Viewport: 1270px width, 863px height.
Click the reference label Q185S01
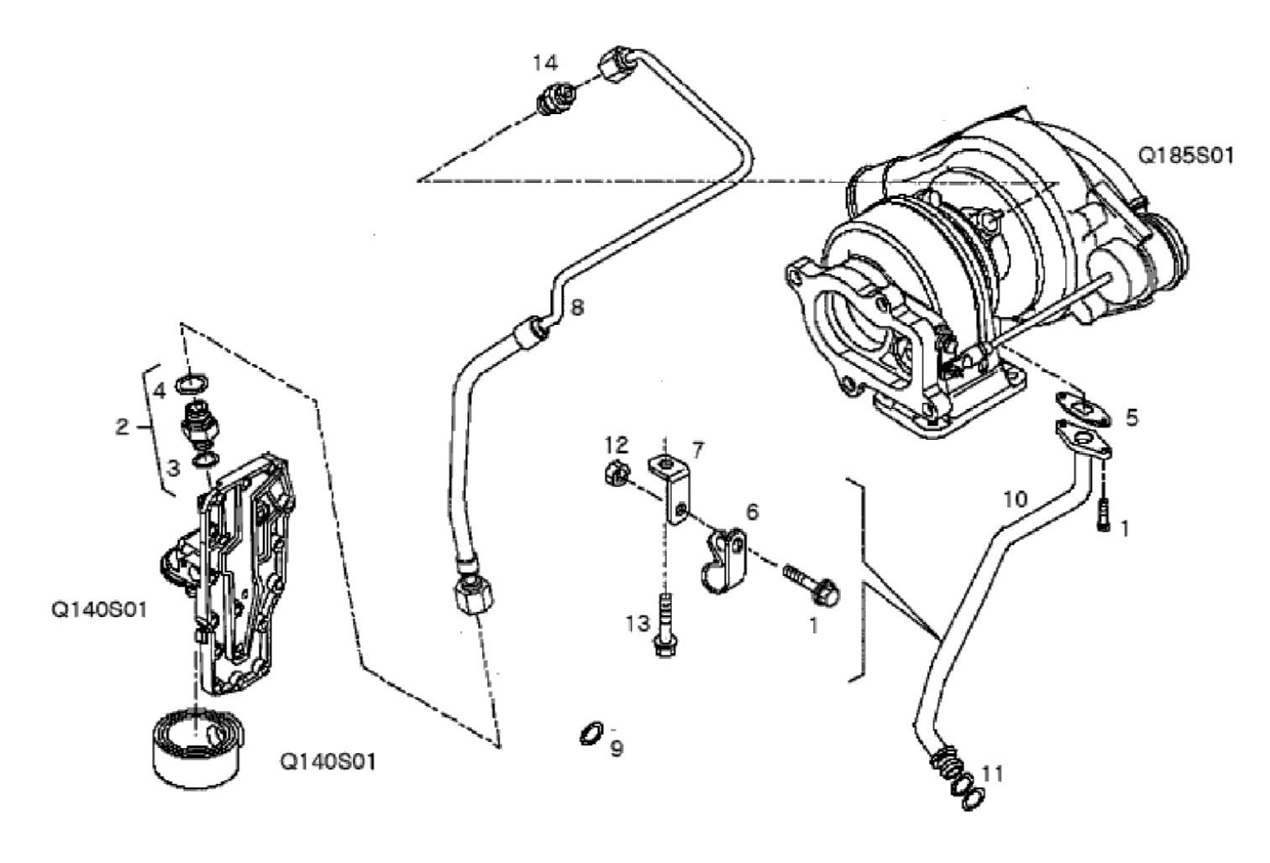point(1186,156)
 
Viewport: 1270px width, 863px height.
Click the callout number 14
point(545,63)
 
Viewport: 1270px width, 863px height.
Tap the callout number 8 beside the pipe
point(576,308)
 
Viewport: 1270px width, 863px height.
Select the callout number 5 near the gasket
point(1131,418)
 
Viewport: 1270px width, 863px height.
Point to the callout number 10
point(1015,499)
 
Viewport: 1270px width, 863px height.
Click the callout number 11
point(993,773)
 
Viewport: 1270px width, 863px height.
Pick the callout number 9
point(617,749)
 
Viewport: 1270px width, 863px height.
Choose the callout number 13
point(638,624)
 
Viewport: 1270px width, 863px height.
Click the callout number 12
point(617,445)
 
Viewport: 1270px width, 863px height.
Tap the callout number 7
point(697,451)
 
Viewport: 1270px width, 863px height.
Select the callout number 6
point(752,512)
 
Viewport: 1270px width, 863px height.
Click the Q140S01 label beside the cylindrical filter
point(328,761)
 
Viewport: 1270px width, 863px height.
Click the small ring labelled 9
point(590,734)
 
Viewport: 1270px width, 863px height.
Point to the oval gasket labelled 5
point(1083,409)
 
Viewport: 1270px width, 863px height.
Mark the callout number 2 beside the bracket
point(122,426)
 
